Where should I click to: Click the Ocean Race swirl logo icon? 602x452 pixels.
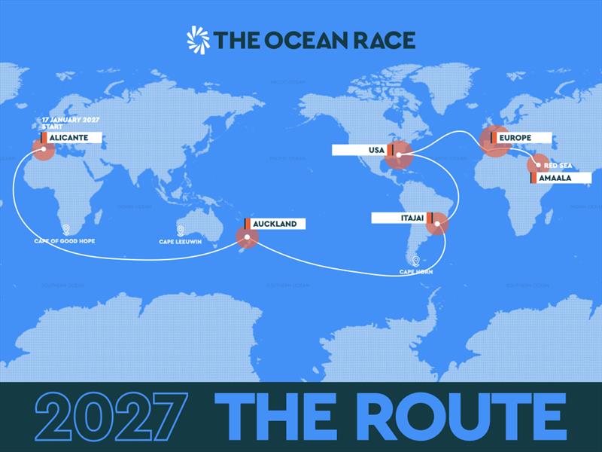click(x=199, y=39)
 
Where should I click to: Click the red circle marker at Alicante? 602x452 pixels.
click(x=43, y=149)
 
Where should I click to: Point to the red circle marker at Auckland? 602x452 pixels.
click(x=247, y=238)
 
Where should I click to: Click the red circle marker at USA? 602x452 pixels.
click(x=398, y=157)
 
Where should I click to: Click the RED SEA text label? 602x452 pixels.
click(x=558, y=164)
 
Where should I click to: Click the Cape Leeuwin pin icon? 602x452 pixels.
click(x=180, y=231)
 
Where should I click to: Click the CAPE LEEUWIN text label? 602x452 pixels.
click(x=180, y=242)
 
